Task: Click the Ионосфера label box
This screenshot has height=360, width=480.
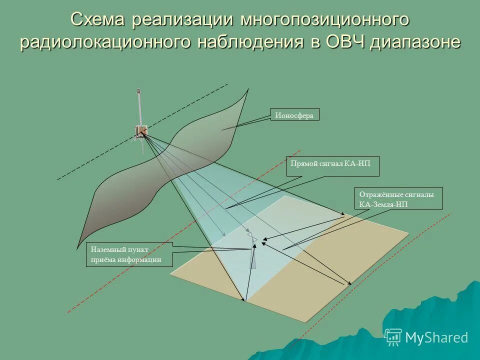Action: [x=294, y=115]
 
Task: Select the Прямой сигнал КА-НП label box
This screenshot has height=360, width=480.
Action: [x=332, y=166]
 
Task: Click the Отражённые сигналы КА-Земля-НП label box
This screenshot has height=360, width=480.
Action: [x=399, y=198]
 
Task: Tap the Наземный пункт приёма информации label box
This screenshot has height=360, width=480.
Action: [x=129, y=254]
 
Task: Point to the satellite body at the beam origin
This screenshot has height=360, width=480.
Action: [x=140, y=130]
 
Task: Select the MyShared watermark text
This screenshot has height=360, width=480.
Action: [x=436, y=338]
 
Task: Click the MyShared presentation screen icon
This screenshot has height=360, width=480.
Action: [x=393, y=337]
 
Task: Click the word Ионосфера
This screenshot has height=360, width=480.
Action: [x=294, y=115]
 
